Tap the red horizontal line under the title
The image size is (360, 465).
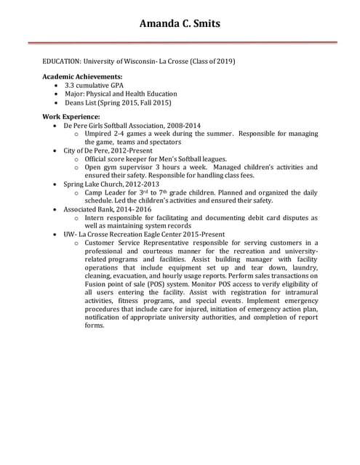click(189, 43)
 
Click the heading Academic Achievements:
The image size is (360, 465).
click(82, 76)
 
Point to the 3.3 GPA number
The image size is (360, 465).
click(69, 85)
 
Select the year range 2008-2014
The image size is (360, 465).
click(187, 125)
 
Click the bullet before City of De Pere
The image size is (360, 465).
click(57, 150)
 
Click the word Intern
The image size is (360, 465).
click(96, 217)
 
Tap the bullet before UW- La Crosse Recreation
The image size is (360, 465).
click(57, 234)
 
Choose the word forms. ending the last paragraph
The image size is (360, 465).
click(95, 325)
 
